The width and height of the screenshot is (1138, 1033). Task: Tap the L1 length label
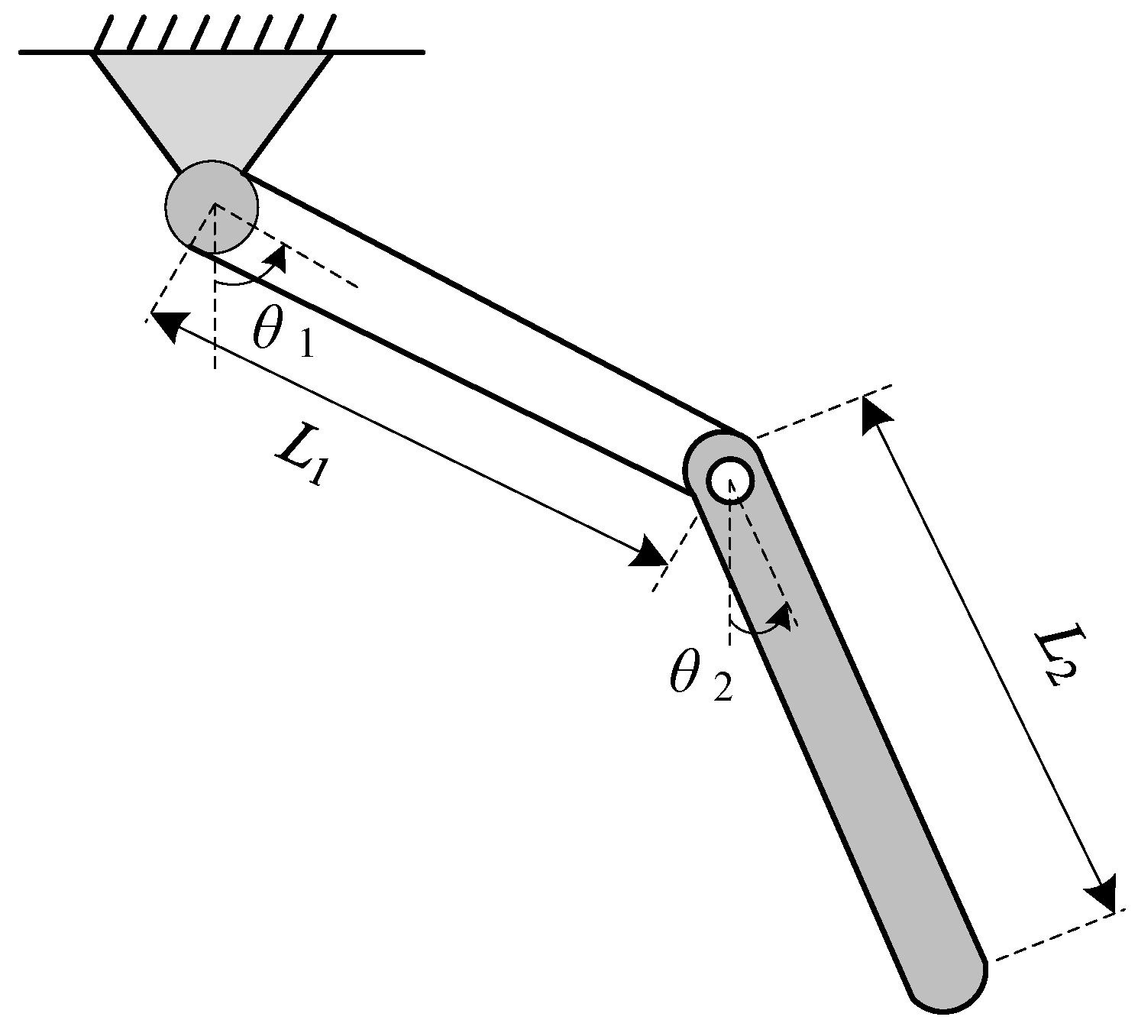point(302,461)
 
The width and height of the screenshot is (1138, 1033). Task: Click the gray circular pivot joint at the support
point(212,206)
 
